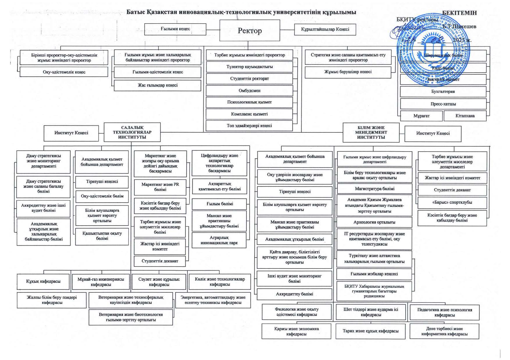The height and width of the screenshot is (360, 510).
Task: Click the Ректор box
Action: (x=250, y=30)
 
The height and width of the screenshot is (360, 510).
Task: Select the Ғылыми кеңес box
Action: (x=175, y=29)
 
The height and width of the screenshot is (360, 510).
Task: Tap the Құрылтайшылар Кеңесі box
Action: (x=325, y=29)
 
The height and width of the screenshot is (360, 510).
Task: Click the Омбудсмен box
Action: (x=249, y=91)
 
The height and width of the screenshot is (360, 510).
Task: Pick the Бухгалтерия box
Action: (x=443, y=92)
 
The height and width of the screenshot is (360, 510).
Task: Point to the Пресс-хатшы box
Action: (x=443, y=104)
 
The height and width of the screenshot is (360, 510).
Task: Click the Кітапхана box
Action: (x=465, y=116)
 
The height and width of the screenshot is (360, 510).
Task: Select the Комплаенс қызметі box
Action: (x=249, y=114)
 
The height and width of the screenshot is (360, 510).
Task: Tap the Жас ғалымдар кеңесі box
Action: (x=158, y=85)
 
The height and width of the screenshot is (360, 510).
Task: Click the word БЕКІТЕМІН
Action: (x=459, y=13)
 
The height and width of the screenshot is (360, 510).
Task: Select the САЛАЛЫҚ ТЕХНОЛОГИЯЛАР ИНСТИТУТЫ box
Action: (x=132, y=132)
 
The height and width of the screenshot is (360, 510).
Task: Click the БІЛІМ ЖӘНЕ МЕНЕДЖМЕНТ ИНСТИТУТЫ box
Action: (x=371, y=132)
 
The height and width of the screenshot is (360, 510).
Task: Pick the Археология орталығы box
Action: (x=374, y=222)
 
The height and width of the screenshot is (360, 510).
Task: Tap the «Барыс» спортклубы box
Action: (x=452, y=203)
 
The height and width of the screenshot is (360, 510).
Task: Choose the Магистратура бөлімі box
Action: (x=374, y=189)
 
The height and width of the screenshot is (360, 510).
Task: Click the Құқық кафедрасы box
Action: (x=43, y=282)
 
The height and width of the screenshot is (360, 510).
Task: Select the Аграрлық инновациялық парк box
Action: (x=219, y=240)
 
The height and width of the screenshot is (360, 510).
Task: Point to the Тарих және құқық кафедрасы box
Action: (x=370, y=331)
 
